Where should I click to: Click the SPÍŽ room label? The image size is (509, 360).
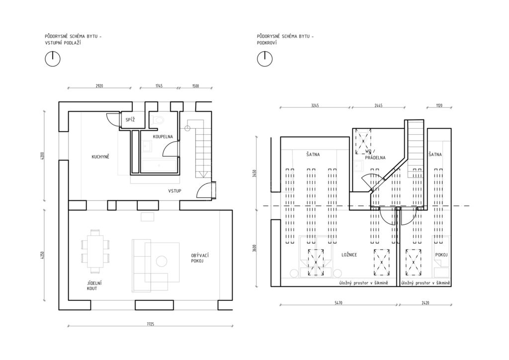(130, 120)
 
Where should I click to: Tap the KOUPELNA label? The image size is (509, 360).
(163, 137)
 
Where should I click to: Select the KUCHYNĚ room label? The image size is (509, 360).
(100, 157)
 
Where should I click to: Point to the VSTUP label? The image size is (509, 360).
(174, 191)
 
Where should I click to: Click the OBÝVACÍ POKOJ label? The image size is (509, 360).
(198, 258)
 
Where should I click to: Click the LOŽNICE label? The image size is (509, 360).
(349, 255)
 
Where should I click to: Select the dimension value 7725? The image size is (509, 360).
(150, 324)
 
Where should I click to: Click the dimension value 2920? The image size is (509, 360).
(99, 86)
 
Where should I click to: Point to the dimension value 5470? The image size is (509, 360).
(338, 303)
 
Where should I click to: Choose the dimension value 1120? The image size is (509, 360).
(439, 105)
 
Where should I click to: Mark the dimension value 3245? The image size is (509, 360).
(315, 105)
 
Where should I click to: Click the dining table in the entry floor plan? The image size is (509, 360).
(95, 251)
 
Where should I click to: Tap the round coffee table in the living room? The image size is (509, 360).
(162, 261)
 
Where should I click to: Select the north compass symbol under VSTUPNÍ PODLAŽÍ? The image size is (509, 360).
(53, 59)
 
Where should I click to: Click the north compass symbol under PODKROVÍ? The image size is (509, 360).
(265, 59)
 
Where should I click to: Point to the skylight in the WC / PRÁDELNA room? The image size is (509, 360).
(363, 142)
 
